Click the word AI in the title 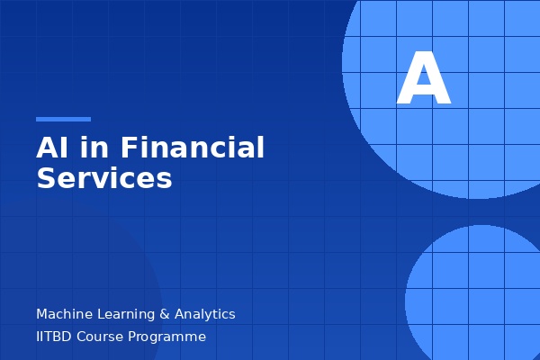(x=51, y=148)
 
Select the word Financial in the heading (x=193, y=148)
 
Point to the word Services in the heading (x=103, y=178)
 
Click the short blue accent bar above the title (x=63, y=119)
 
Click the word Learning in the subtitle (x=126, y=314)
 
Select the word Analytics (x=205, y=314)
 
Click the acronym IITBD (x=55, y=337)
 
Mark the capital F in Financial (x=128, y=148)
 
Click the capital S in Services (x=46, y=178)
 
